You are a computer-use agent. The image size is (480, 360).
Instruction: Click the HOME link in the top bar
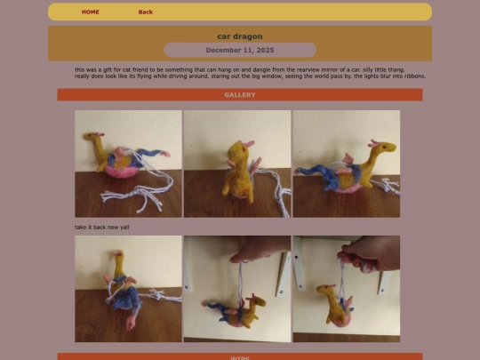91,12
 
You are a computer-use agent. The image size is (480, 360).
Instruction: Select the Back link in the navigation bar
146,12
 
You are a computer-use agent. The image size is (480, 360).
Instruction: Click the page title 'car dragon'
240,36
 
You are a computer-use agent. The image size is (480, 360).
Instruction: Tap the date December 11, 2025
240,50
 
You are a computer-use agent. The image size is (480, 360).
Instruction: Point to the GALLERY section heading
240,95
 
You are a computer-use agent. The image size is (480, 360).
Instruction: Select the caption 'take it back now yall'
102,227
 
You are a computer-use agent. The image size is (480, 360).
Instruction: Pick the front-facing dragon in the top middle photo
236,169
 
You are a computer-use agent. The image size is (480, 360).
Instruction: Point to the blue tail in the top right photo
311,172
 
